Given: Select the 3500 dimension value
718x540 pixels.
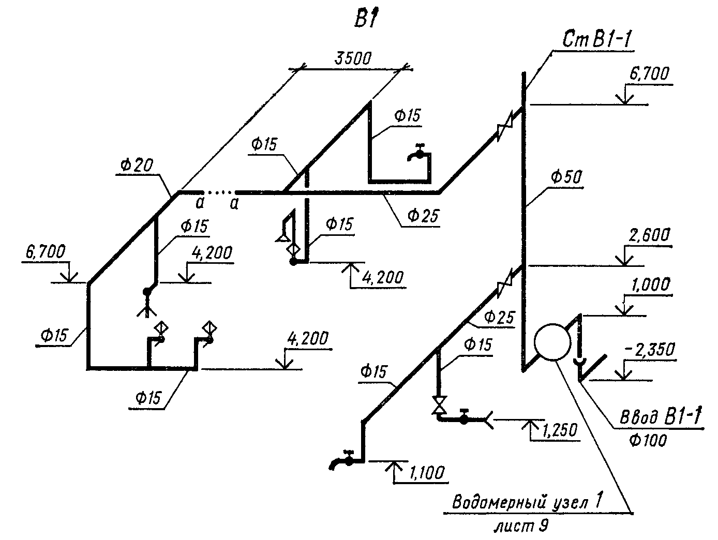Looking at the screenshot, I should coord(353,58).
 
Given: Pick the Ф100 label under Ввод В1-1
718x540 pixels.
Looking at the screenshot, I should coord(648,440).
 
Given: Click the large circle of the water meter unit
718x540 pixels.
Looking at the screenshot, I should coord(552,342).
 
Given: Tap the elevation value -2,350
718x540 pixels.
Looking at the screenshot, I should coord(651,351).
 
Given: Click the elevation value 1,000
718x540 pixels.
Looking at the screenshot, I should coord(650,285).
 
